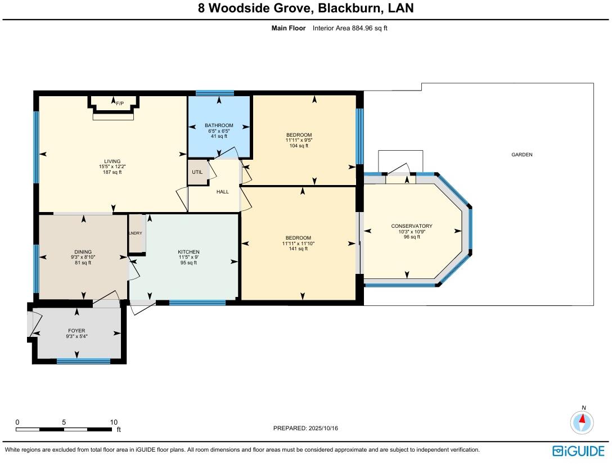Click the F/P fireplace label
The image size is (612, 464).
(119, 103)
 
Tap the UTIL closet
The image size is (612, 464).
(197, 172)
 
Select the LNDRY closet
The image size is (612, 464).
(136, 233)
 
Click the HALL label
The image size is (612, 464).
(223, 192)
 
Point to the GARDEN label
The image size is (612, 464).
(521, 155)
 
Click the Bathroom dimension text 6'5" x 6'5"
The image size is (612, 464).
(219, 131)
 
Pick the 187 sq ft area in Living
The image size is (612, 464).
(112, 172)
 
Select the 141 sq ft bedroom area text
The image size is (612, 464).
(299, 249)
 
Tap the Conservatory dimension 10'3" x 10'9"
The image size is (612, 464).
(411, 232)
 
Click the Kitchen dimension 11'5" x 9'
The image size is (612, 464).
(188, 257)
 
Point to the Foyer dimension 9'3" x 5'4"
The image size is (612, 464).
(76, 336)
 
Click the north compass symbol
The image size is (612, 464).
(582, 421)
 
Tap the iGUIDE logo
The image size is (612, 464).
(578, 451)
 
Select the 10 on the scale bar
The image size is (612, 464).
(114, 422)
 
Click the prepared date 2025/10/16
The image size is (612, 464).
(323, 428)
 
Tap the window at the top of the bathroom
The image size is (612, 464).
(214, 93)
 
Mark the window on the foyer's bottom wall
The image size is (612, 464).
(75, 361)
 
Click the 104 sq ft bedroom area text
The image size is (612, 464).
(299, 146)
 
